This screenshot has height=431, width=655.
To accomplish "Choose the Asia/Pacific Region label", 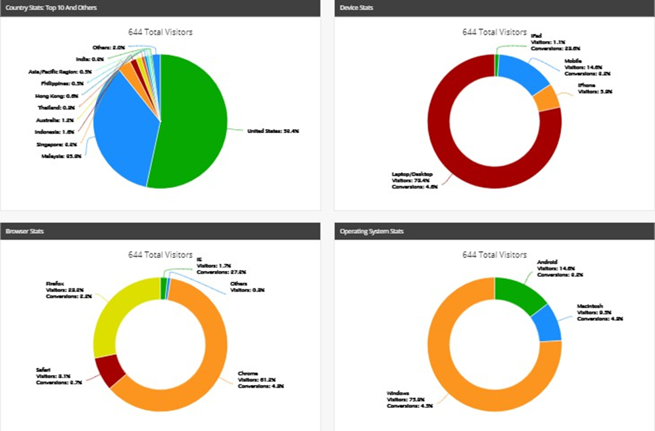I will [51, 71].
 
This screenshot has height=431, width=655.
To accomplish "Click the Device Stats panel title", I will [356, 7].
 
